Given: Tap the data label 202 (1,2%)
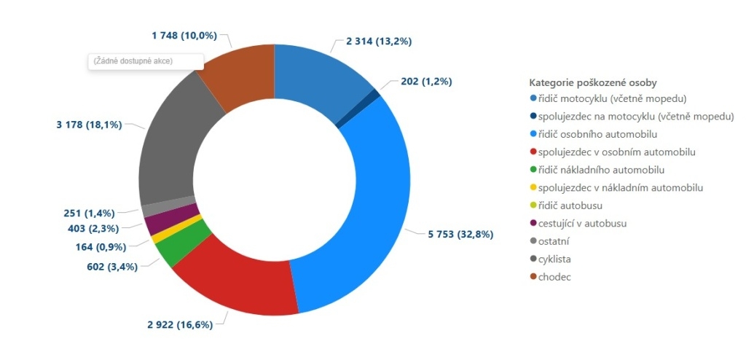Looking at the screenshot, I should [x=426, y=82].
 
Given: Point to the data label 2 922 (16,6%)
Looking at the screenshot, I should [x=180, y=324].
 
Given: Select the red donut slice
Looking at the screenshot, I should [x=233, y=281].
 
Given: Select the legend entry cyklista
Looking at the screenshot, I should [x=559, y=259].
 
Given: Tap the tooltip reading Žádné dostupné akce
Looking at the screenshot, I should [x=146, y=61].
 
